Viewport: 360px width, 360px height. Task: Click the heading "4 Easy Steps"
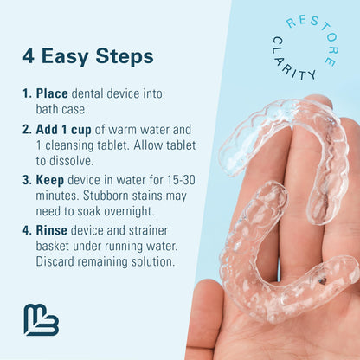87,56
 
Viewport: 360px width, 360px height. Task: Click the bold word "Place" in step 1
54,93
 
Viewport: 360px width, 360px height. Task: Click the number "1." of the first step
28,93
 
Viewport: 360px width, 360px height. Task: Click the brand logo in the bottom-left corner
42,319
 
